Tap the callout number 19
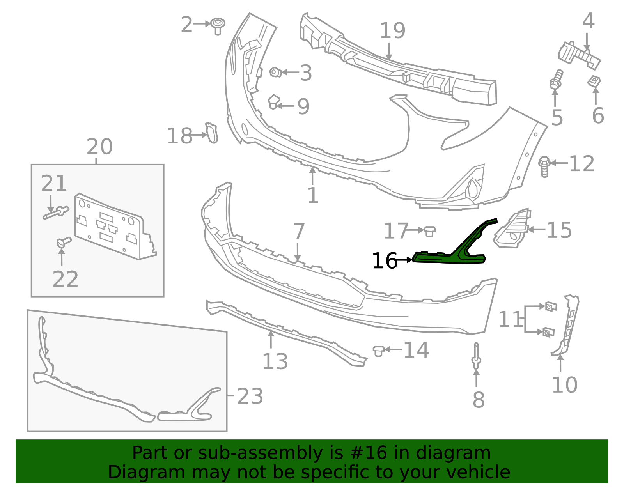click(392, 30)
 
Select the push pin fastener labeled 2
click(218, 26)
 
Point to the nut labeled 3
click(275, 72)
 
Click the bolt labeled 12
click(544, 167)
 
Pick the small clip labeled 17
click(429, 231)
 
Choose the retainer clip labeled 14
click(378, 351)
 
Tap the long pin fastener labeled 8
click(476, 356)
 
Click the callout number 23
click(250, 396)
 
